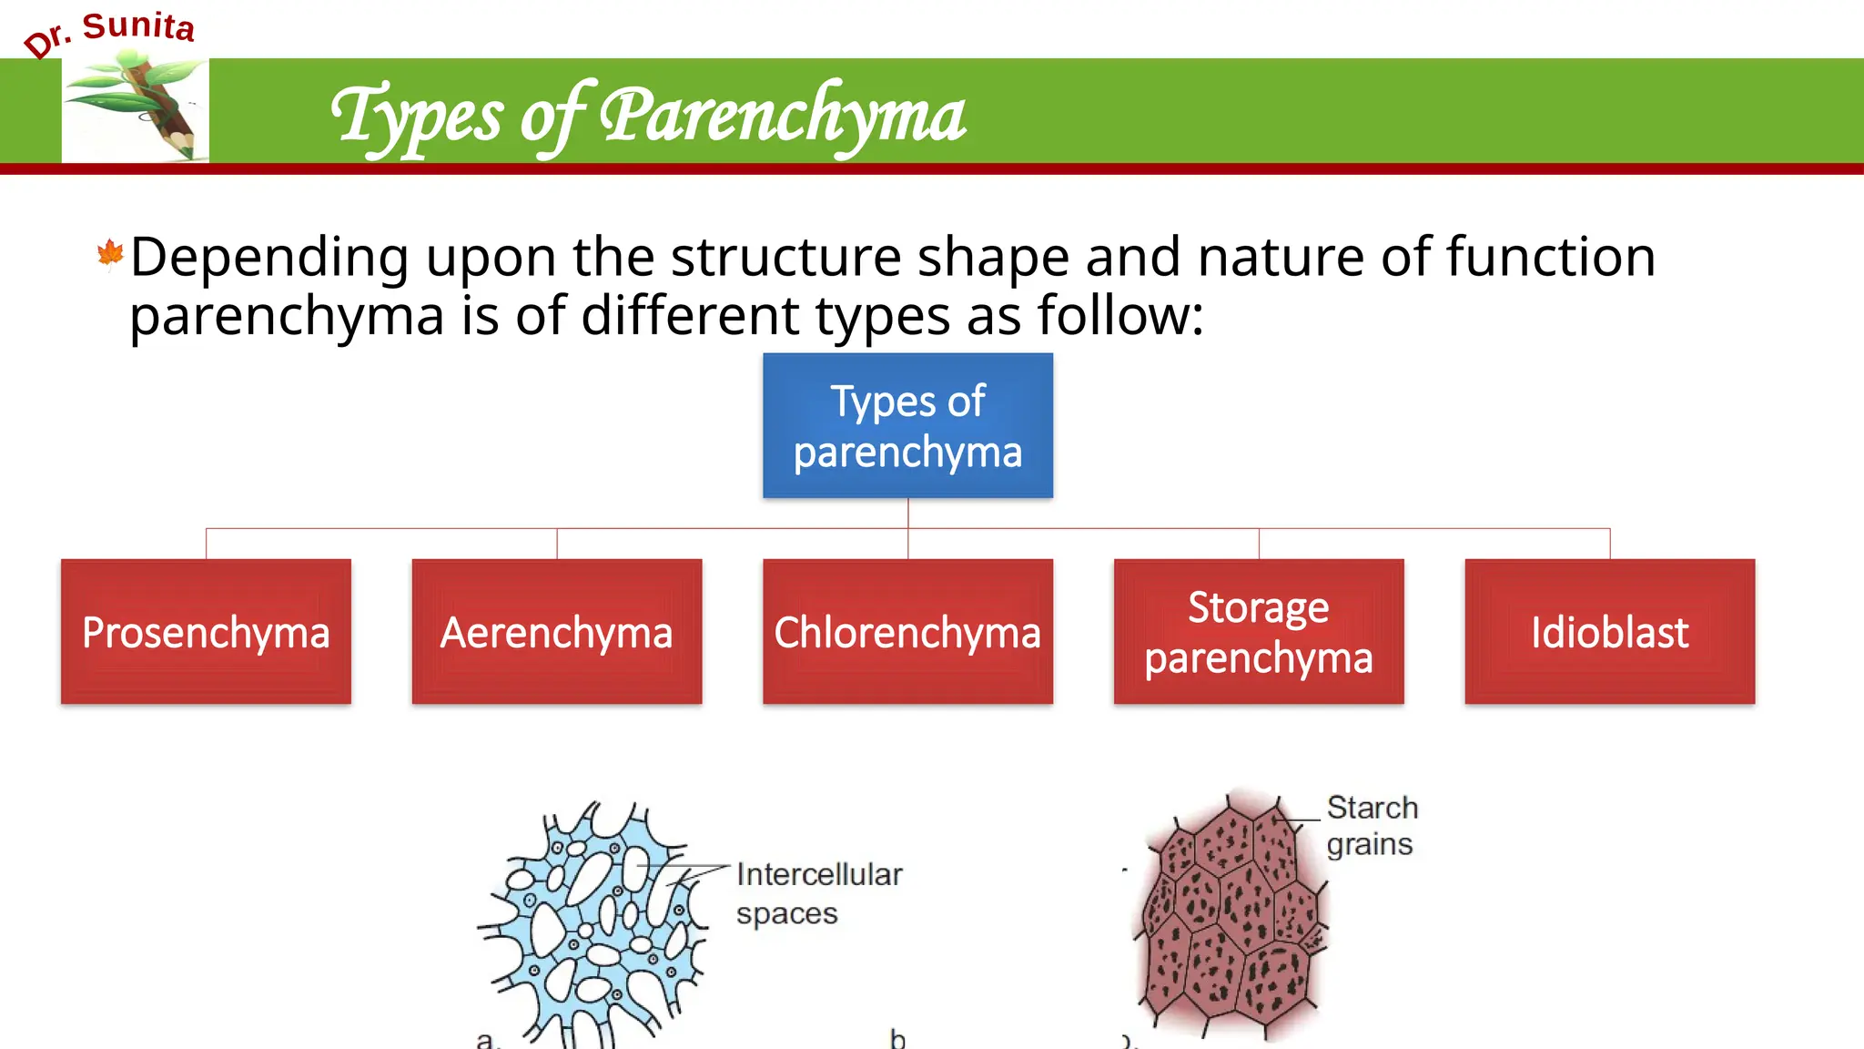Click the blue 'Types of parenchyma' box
(x=907, y=425)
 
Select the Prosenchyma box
(x=206, y=632)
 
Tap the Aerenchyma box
(x=556, y=632)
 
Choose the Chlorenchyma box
(x=907, y=632)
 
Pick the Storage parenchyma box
(x=1258, y=632)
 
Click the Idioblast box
(x=1609, y=632)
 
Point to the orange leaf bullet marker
(x=110, y=255)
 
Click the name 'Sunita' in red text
(x=138, y=26)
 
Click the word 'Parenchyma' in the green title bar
(x=783, y=116)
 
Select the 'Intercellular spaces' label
(x=818, y=893)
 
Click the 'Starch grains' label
(x=1372, y=825)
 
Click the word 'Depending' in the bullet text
(x=269, y=258)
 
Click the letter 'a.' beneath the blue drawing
(x=488, y=1039)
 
